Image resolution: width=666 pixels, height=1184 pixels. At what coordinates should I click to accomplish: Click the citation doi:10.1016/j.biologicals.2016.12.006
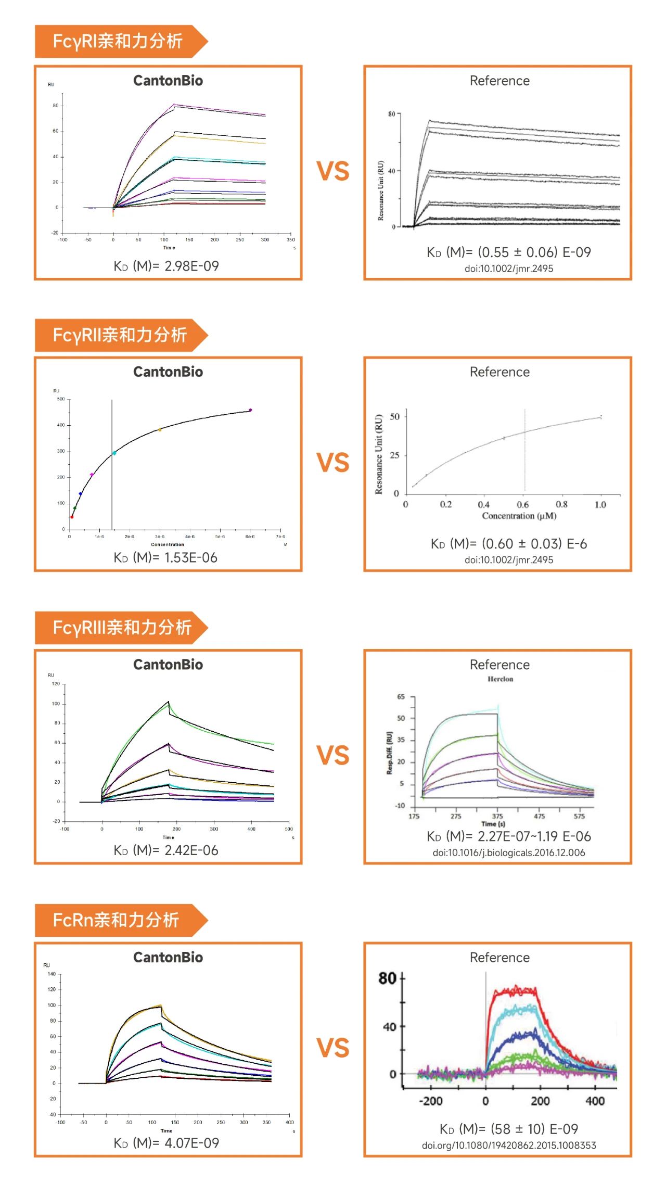pos(508,852)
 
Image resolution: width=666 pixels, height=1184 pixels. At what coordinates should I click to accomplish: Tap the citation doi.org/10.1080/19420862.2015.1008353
pos(508,1145)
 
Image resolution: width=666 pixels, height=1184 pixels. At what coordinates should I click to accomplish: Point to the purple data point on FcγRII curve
pos(250,410)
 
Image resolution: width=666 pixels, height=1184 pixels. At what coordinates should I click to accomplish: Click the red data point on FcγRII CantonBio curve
pos(72,517)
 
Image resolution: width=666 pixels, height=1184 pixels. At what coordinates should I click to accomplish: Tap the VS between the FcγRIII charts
pos(333,755)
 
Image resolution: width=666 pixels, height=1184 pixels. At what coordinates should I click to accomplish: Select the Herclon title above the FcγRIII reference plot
pos(500,679)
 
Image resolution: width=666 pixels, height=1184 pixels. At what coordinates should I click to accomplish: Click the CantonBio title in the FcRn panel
pos(168,957)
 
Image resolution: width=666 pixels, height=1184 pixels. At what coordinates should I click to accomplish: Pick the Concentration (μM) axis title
pos(519,516)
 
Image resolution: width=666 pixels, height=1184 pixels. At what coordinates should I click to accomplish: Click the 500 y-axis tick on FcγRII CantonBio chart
pos(61,399)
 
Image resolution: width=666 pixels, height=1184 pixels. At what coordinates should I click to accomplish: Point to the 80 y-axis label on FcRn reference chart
pos(388,978)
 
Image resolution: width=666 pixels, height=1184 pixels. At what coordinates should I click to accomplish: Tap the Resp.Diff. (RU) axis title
pos(389,753)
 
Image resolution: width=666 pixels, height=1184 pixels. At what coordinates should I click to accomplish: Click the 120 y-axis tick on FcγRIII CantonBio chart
pos(56,684)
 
